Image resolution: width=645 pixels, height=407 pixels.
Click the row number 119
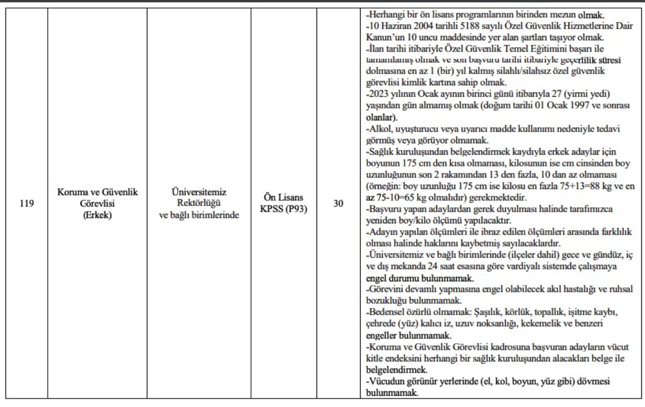click(26, 204)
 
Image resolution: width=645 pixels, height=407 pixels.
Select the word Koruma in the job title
click(71, 193)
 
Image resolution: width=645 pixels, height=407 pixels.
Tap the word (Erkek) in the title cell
click(97, 215)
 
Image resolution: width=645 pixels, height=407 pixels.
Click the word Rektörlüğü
click(199, 204)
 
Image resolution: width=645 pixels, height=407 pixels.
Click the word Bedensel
click(386, 312)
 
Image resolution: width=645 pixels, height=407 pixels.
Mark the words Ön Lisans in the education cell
click(284, 198)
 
